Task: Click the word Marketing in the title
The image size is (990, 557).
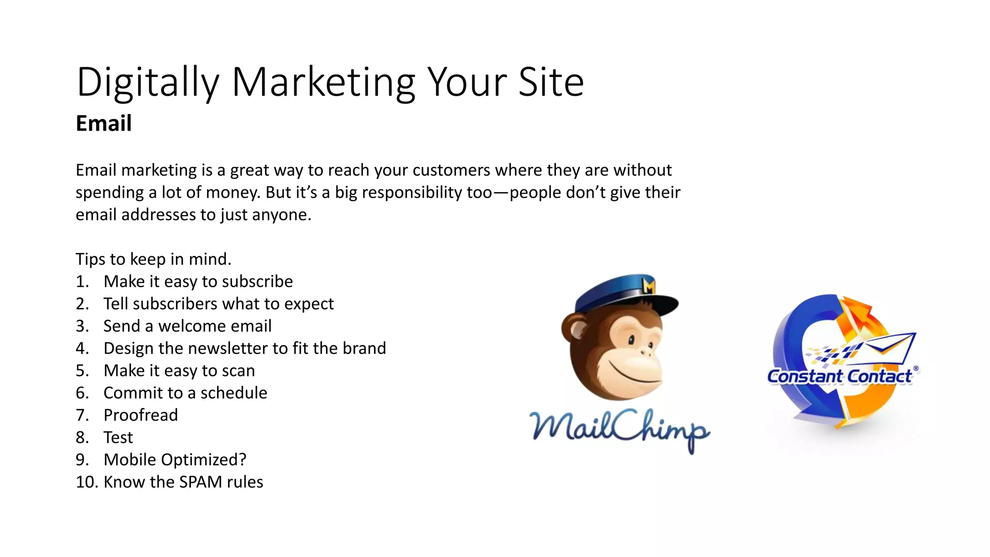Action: click(x=323, y=82)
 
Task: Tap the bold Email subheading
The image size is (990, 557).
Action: click(x=103, y=123)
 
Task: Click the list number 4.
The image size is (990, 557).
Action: click(x=82, y=348)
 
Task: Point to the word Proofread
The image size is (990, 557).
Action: click(x=141, y=415)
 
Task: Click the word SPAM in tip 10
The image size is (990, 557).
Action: click(x=200, y=482)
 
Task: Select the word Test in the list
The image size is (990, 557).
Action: click(x=118, y=437)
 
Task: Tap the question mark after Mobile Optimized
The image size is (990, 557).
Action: click(x=242, y=459)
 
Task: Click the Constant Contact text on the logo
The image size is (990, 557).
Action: click(x=839, y=376)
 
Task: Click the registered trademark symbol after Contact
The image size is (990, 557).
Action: click(x=916, y=368)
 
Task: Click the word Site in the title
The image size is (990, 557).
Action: click(x=551, y=82)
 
